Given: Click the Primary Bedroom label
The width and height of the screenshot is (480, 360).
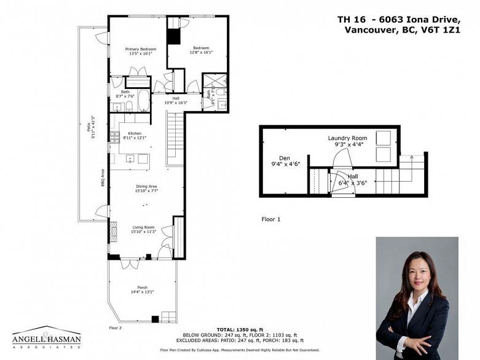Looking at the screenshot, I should [141, 49].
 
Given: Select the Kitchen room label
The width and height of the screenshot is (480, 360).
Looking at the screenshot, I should [135, 133].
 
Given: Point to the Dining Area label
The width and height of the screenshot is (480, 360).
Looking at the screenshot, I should [146, 186].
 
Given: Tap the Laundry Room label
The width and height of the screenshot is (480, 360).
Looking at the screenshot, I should [347, 139].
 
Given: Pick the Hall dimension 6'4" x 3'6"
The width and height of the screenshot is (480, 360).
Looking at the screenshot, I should [352, 182].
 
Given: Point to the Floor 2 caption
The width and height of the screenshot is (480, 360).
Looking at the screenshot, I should [116, 328].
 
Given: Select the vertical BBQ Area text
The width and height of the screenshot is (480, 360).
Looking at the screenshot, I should [103, 179].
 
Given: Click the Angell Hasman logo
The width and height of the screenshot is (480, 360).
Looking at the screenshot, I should [46, 337].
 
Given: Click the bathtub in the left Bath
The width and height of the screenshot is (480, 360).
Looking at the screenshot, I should [143, 100].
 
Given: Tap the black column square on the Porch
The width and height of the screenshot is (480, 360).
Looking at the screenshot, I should [155, 318].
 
